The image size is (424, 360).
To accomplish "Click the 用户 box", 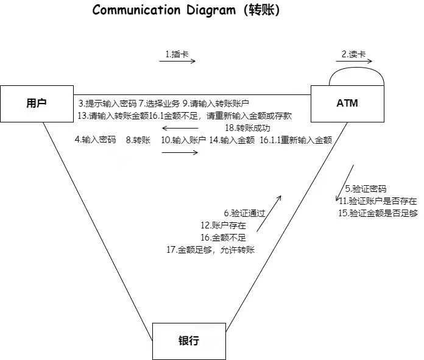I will click(36, 103).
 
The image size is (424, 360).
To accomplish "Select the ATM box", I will click(347, 103).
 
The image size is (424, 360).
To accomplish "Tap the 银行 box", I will click(188, 341).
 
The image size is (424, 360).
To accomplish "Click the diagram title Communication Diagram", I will click(186, 10).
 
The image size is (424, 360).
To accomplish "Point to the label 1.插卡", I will click(178, 54).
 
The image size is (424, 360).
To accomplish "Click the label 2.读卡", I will click(353, 54).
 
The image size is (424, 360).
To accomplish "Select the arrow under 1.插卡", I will click(178, 62).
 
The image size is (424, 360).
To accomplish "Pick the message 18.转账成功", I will click(247, 128).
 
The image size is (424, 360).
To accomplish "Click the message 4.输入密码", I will click(95, 139).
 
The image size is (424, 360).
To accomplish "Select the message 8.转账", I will click(138, 139).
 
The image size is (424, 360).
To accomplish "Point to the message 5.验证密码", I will click(366, 189).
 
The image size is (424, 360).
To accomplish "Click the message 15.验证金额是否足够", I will click(378, 213).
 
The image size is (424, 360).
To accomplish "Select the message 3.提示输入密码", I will click(107, 103).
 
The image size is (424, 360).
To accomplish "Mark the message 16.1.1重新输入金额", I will click(295, 139).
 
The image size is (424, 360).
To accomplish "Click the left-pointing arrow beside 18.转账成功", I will click(180, 129).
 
